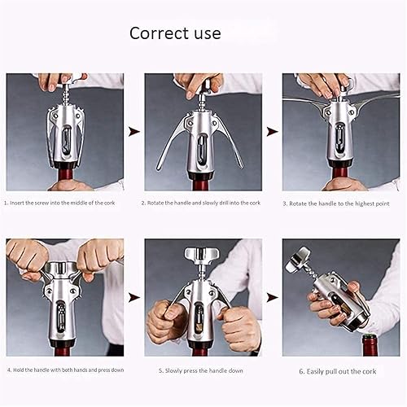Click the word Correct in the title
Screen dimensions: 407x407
pos(157,33)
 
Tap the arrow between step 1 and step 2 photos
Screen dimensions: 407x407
pos(134,130)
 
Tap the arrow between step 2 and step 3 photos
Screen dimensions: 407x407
pos(273,130)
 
